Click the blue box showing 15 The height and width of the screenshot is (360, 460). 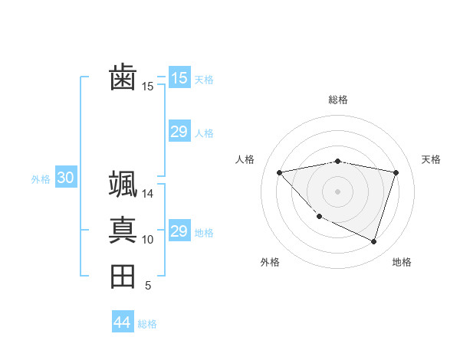click(x=179, y=77)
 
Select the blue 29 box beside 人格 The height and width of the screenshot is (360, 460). click(x=179, y=132)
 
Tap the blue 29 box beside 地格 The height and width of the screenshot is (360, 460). click(x=179, y=231)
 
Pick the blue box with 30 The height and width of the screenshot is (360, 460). click(x=65, y=178)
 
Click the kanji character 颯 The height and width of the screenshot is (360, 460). click(x=123, y=184)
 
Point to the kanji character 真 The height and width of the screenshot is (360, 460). click(x=123, y=230)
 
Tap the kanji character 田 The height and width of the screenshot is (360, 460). click(x=123, y=277)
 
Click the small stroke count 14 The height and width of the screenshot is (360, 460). click(x=147, y=194)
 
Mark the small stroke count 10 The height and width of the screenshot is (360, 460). click(x=147, y=240)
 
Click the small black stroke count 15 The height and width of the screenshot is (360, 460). click(x=147, y=87)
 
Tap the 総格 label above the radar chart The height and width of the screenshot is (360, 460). click(x=338, y=100)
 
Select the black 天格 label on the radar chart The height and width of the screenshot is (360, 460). click(x=432, y=159)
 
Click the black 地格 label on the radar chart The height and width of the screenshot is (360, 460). click(x=402, y=262)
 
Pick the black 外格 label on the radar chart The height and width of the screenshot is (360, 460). click(x=270, y=262)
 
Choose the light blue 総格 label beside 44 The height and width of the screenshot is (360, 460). click(x=147, y=324)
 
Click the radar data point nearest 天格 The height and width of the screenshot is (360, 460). click(x=396, y=172)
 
